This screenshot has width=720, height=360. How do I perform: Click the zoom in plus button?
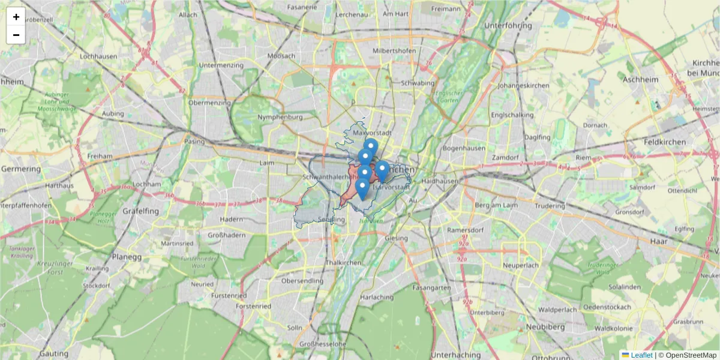tap(16, 17)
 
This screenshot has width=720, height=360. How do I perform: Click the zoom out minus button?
tap(16, 35)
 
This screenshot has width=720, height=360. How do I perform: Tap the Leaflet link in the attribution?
tap(641, 355)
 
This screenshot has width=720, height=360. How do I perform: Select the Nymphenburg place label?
tap(280, 117)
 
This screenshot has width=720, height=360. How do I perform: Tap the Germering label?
tap(21, 169)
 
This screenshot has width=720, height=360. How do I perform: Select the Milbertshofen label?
tap(394, 51)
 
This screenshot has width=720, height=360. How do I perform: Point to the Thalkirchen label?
tap(343, 263)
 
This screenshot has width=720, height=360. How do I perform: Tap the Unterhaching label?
tap(457, 354)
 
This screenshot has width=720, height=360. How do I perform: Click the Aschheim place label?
tap(641, 79)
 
